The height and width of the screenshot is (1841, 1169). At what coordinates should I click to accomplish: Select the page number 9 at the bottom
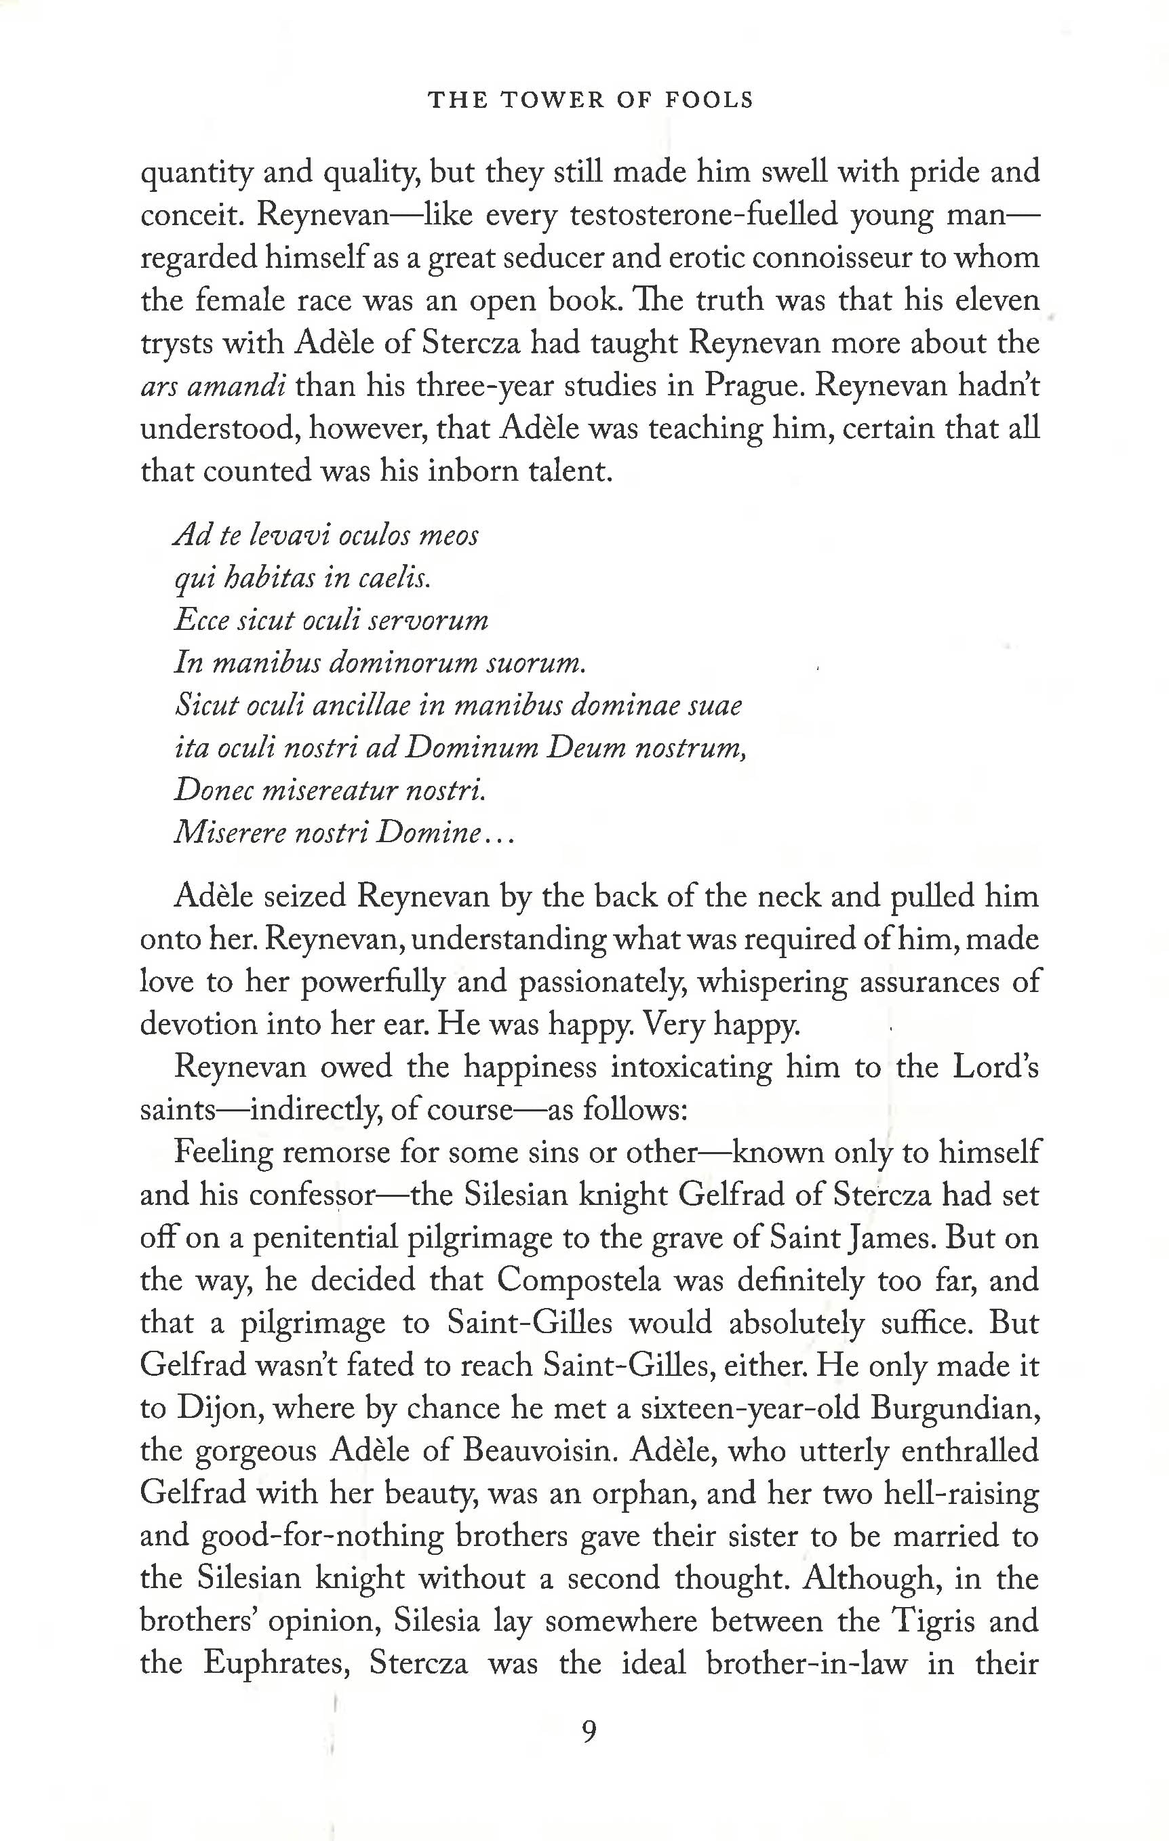click(588, 1730)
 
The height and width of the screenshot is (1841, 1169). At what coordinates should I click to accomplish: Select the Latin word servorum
click(427, 620)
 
